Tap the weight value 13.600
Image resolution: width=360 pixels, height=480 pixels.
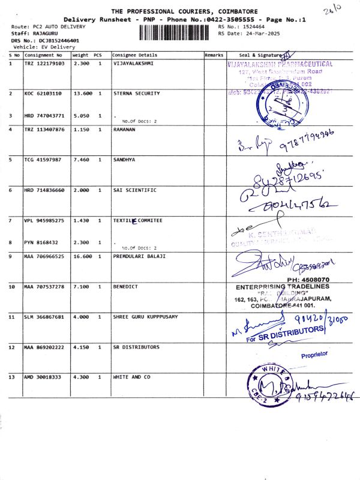tap(81, 94)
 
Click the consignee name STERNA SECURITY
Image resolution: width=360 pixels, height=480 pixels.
tap(136, 94)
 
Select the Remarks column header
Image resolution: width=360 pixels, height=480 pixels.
tap(214, 55)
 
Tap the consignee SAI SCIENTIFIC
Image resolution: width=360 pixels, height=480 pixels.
tap(134, 190)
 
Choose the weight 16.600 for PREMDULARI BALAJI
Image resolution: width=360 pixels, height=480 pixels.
tap(81, 256)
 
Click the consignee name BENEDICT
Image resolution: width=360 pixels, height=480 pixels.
tap(125, 287)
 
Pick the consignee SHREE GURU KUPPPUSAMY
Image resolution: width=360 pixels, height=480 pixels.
tap(145, 317)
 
